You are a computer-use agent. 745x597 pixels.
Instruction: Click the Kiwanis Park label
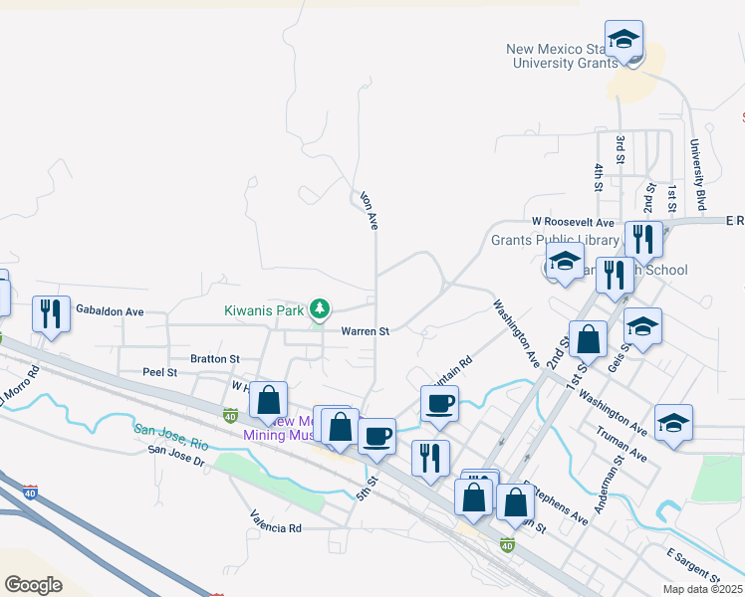[x=262, y=310]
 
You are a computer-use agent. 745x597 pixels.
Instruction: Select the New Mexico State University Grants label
[x=557, y=56]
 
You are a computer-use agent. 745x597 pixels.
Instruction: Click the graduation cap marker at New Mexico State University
[x=623, y=41]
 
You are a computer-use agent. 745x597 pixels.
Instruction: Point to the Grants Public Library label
[x=541, y=240]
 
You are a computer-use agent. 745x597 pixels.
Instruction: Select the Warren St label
[x=365, y=331]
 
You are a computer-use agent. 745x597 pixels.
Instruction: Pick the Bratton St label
[x=215, y=358]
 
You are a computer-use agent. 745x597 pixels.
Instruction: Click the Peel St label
[x=159, y=372]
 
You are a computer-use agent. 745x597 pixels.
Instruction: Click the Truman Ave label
[x=622, y=445]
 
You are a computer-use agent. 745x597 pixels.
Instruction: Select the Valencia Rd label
[x=276, y=528]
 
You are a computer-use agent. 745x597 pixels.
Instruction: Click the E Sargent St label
[x=694, y=564]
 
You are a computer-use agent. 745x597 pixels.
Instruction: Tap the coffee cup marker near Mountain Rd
[x=439, y=404]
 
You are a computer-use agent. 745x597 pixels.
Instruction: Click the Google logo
[x=33, y=584]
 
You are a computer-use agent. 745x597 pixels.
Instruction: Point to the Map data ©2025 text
[x=703, y=589]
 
